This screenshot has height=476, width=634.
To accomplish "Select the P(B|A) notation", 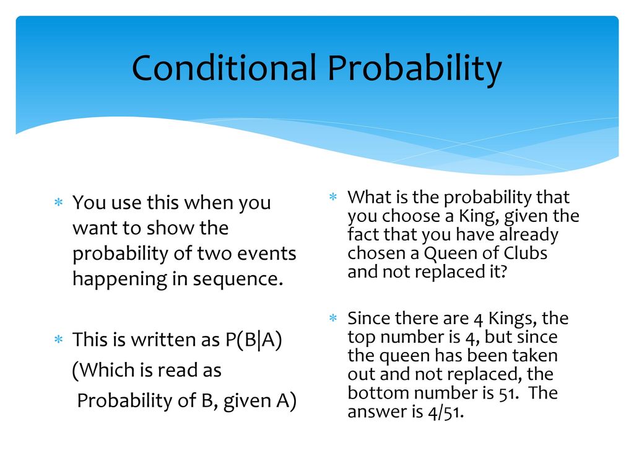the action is (x=253, y=340).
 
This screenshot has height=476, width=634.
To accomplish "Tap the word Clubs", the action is (x=525, y=253).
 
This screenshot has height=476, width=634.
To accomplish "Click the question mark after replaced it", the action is (x=503, y=271).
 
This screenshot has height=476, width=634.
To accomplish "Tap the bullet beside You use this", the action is (x=59, y=202).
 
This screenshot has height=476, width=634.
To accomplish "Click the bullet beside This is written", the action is (x=59, y=339).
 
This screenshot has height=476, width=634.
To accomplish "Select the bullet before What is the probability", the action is (x=332, y=196).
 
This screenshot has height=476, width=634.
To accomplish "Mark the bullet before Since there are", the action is (x=332, y=318).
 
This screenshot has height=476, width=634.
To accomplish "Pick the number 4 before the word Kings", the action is (x=479, y=320).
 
